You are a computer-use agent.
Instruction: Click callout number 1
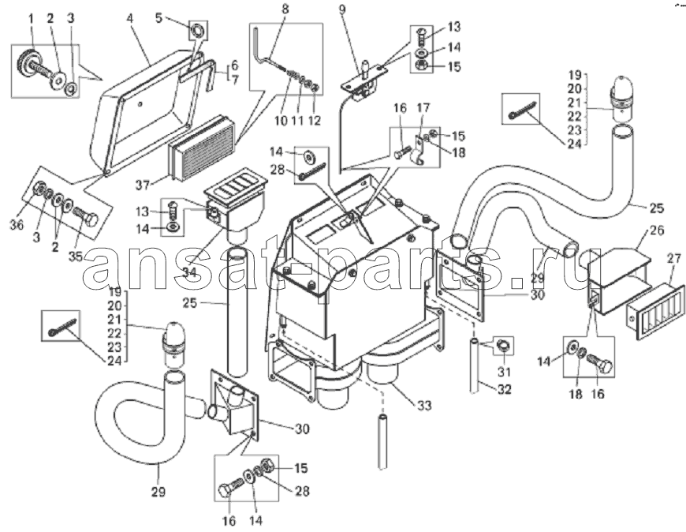pos(31,18)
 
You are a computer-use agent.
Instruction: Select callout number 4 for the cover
pos(129,20)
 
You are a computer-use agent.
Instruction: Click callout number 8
pos(285,9)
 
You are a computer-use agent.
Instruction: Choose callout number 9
pos(341,9)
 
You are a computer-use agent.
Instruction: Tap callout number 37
pos(142,185)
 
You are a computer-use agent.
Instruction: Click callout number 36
pos(17,225)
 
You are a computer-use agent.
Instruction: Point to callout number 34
pos(189,272)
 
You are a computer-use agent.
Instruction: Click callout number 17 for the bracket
pos(423,107)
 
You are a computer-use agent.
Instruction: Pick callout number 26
pos(657,230)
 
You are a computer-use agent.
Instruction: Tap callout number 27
pos(674,258)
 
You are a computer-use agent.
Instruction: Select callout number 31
pos(504,372)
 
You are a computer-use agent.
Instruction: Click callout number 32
pos(504,389)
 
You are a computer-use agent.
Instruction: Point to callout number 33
pos(423,406)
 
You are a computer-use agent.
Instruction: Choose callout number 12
pos(315,120)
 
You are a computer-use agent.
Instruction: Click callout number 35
pos(75,257)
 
